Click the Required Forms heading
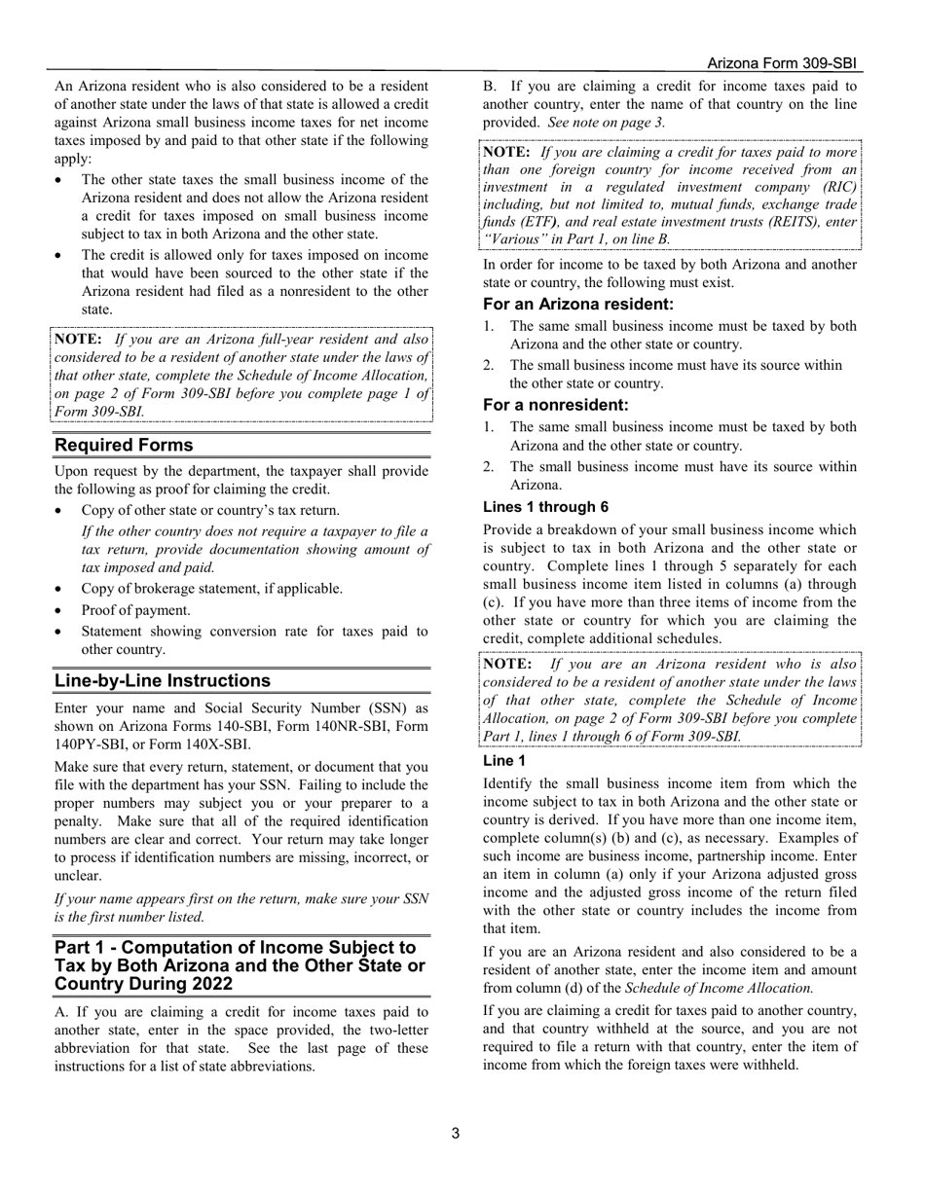point(124,445)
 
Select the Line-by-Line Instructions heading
point(163,680)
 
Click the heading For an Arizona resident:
point(578,305)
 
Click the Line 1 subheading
point(504,761)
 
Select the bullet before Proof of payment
point(61,610)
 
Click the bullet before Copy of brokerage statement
point(61,589)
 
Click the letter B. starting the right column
point(490,87)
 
